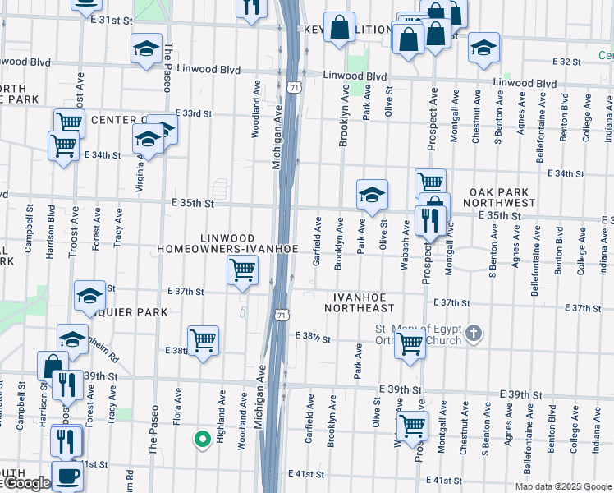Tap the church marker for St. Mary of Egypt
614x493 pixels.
click(x=472, y=334)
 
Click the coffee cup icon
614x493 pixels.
click(x=67, y=475)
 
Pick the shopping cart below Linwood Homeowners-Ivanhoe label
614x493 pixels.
click(x=242, y=270)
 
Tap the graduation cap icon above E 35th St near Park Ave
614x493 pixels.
click(x=372, y=195)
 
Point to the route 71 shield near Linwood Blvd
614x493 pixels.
click(x=294, y=86)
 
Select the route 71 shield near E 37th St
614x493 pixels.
click(x=282, y=315)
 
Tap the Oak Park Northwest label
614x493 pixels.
click(x=502, y=196)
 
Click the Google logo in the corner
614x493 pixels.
click(x=26, y=484)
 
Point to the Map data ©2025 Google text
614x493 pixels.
click(x=562, y=486)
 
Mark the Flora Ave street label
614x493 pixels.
click(x=177, y=407)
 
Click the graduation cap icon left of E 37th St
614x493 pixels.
click(x=89, y=297)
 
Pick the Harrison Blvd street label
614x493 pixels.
click(x=51, y=233)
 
